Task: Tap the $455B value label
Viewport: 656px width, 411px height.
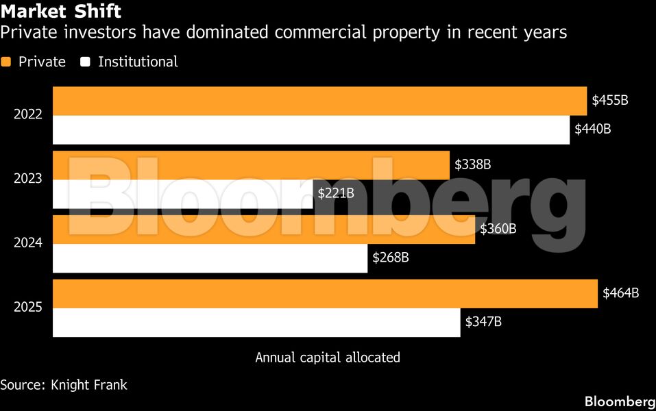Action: tap(610, 100)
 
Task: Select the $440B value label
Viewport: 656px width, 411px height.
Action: tap(592, 129)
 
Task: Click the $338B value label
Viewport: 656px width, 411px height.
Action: tap(472, 164)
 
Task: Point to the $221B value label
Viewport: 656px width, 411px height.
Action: tap(336, 193)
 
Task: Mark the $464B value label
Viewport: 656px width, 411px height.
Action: tap(620, 293)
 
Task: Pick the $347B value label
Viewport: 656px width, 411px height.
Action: tap(484, 322)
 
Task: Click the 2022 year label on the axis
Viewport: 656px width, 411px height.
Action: tap(28, 114)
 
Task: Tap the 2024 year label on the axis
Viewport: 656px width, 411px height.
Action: tap(28, 243)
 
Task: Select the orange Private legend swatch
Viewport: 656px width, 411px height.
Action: tap(6, 62)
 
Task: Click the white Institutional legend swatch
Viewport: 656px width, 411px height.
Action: tap(86, 62)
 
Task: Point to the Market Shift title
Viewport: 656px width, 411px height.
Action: tap(61, 12)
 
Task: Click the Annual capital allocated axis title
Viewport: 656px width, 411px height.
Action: tap(328, 358)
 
